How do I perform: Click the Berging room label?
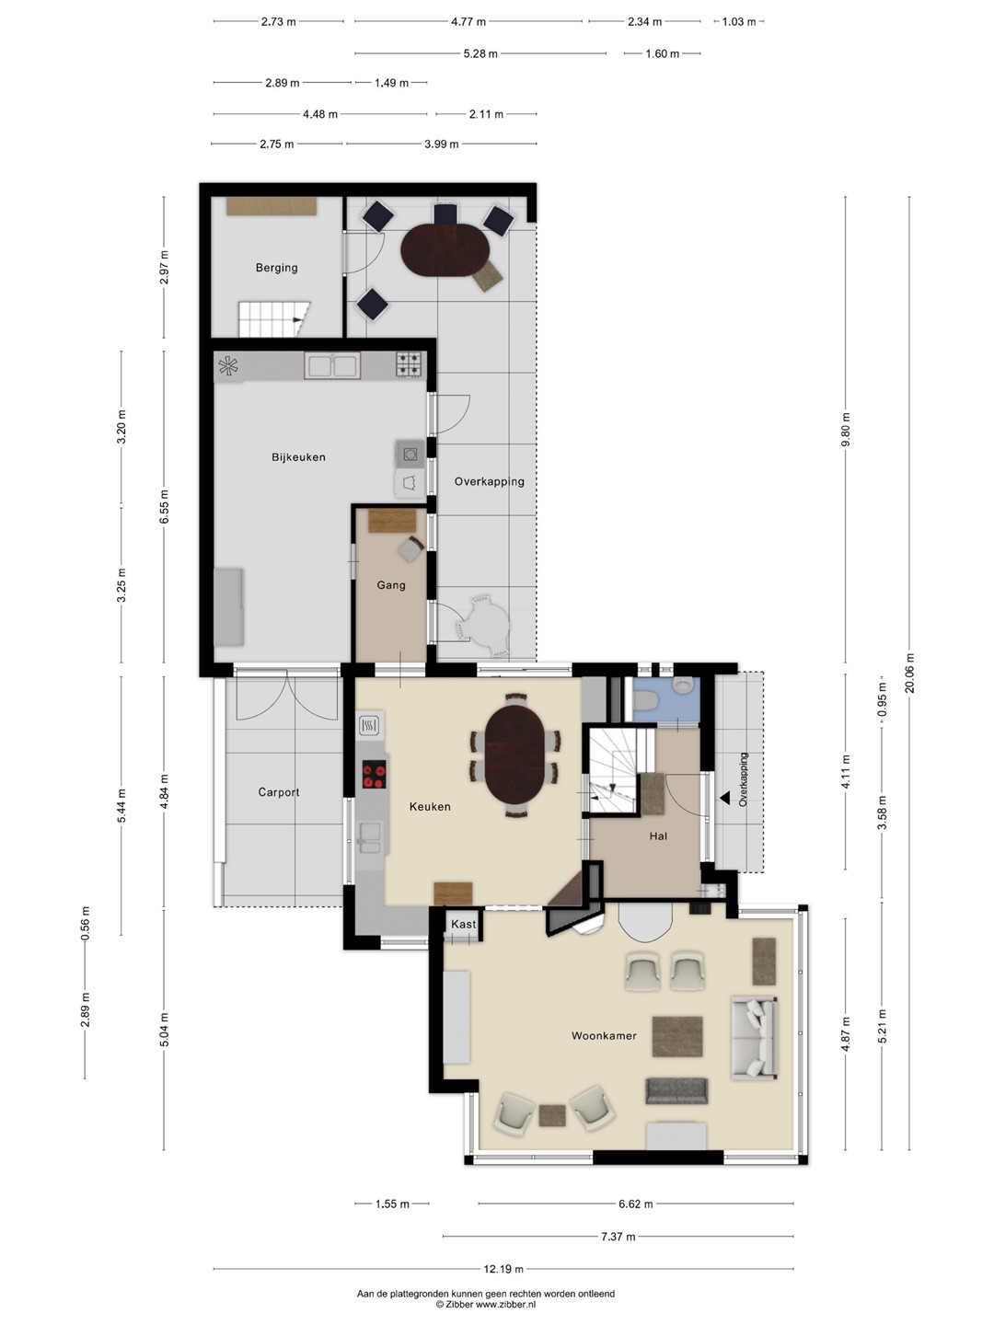(x=276, y=268)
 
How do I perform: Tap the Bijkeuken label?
(x=298, y=457)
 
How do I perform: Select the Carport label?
(x=278, y=792)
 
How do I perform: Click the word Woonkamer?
(x=604, y=1036)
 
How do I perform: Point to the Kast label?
(x=463, y=924)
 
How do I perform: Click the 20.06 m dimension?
(x=909, y=673)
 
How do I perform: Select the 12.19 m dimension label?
(x=503, y=1269)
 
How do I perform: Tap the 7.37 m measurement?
(x=618, y=1237)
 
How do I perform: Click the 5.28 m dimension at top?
(x=480, y=53)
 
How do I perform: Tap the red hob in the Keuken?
(x=374, y=775)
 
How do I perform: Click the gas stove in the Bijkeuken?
(x=409, y=364)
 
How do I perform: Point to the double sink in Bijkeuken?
(x=332, y=366)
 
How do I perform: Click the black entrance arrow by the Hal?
(x=724, y=798)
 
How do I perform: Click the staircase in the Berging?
(x=274, y=319)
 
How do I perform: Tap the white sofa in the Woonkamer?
(x=754, y=1038)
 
